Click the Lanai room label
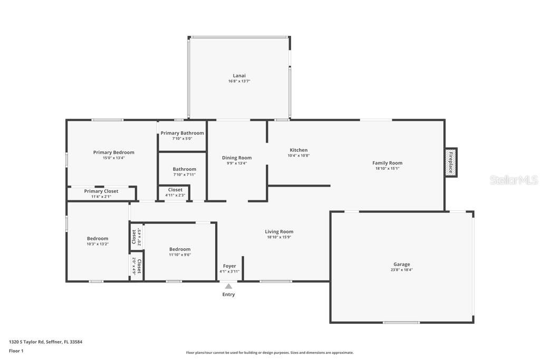pos(239,75)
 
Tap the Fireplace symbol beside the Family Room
pos(451,162)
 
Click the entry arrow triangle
pos(228,286)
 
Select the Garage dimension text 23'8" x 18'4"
pos(401,270)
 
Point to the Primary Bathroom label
pos(182,133)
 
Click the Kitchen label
pos(298,150)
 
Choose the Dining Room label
pos(236,158)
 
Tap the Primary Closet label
pos(101,191)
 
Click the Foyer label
pos(229,266)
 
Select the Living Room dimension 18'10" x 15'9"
pos(279,237)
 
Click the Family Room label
pos(387,163)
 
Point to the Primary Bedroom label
pos(113,152)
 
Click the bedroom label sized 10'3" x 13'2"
pos(98,238)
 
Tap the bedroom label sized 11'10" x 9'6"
pos(180,249)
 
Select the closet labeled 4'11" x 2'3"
pos(175,190)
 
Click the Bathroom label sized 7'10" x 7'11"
pos(184,169)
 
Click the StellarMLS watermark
pos(514,180)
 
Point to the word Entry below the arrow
pos(228,294)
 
